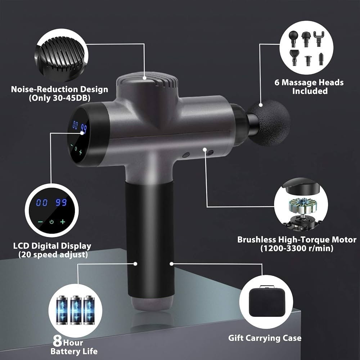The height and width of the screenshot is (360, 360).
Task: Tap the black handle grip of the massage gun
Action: point(149,239)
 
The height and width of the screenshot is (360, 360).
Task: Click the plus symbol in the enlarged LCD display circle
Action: point(63,221)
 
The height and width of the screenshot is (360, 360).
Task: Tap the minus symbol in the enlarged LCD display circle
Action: point(40,222)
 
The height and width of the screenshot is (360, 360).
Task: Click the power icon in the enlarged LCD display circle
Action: point(51,222)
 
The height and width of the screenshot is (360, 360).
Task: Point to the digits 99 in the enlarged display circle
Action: point(61,202)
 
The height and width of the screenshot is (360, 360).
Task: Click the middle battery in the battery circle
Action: point(76,310)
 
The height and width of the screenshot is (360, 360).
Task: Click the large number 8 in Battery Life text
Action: point(57,341)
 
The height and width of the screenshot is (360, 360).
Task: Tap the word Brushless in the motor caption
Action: point(256,239)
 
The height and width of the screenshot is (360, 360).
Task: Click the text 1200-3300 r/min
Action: point(297,248)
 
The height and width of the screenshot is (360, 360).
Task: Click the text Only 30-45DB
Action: point(60,98)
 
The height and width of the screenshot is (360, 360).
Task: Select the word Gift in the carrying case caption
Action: point(235,338)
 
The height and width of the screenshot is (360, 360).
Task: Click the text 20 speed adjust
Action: point(53,255)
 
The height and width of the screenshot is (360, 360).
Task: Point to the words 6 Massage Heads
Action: point(309,82)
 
